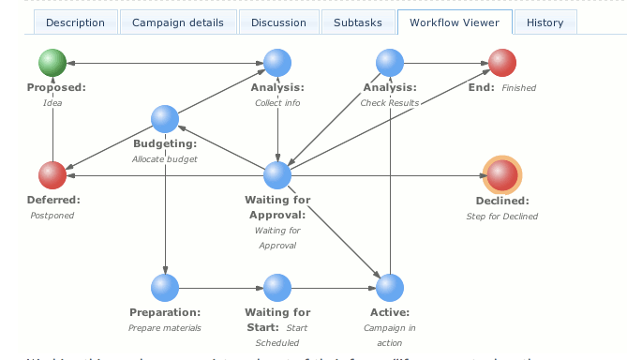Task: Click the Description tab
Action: pos(75,22)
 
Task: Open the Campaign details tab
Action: pos(177,22)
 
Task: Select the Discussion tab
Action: pos(278,22)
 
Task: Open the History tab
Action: pos(545,22)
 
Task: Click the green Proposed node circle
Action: pos(52,63)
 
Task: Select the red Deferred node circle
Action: pos(52,174)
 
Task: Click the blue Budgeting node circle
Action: pos(165,119)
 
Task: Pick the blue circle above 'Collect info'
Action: pos(277,63)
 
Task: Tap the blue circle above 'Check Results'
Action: pos(390,63)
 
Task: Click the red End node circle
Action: pos(502,63)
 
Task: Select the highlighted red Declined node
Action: pos(502,174)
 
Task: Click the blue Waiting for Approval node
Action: pos(277,174)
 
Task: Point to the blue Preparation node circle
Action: pos(165,287)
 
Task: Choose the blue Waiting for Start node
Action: pos(277,287)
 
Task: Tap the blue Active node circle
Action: pos(390,287)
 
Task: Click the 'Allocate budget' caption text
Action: pos(165,159)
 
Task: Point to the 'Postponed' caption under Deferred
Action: pos(52,215)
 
